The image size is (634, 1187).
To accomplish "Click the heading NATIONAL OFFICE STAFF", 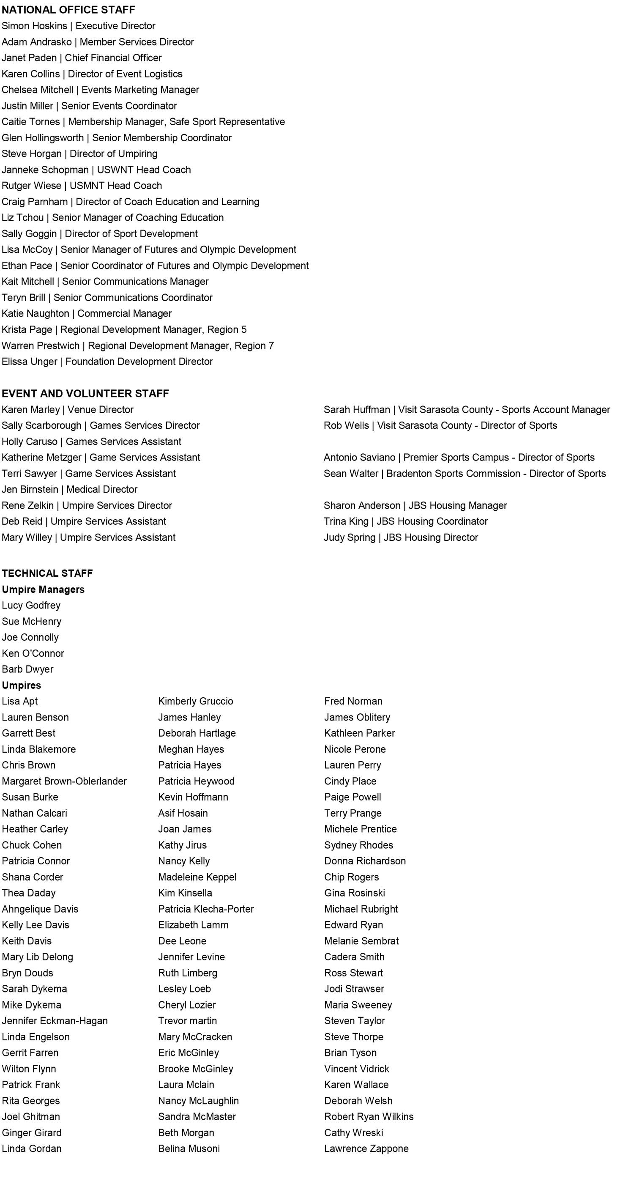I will pyautogui.click(x=68, y=10).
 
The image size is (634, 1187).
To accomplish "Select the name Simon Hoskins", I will pyautogui.click(x=34, y=26).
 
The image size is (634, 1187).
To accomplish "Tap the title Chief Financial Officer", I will pyautogui.click(x=113, y=58).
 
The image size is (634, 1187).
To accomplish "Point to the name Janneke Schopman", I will pyautogui.click(x=45, y=170).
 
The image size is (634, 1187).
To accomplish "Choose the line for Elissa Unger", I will pyautogui.click(x=107, y=362).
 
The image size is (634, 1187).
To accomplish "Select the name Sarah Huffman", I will pyautogui.click(x=356, y=410).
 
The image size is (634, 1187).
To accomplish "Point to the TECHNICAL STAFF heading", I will pyautogui.click(x=47, y=573).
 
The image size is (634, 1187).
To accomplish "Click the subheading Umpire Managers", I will pyautogui.click(x=43, y=589).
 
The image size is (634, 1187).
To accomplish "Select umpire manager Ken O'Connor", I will pyautogui.click(x=33, y=653).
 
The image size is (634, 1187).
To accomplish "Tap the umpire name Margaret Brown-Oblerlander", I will pyautogui.click(x=64, y=781).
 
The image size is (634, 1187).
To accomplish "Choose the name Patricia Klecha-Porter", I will pyautogui.click(x=206, y=909).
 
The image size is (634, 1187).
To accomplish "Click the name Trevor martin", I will pyautogui.click(x=187, y=1021).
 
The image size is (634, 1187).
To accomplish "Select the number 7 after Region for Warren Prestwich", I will pyautogui.click(x=271, y=345).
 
